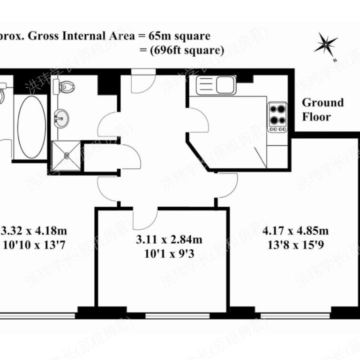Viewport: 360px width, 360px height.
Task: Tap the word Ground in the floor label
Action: pos(322,103)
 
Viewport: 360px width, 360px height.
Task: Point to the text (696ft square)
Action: pos(187,49)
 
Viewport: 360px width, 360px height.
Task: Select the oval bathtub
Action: pos(31,127)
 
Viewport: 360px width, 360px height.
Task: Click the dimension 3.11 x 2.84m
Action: pos(169,240)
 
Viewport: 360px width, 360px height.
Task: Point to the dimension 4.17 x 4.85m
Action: pos(295,231)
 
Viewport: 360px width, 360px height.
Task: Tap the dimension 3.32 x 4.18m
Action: pos(35,231)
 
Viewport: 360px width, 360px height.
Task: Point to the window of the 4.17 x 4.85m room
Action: pos(295,315)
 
